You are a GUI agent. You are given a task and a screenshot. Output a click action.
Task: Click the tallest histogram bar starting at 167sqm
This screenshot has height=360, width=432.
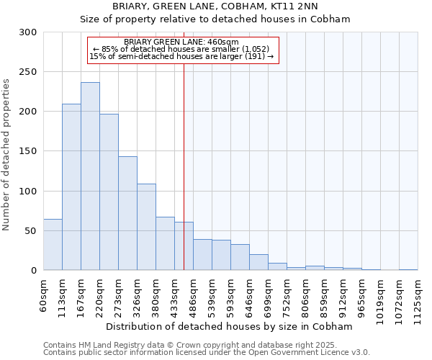(x=90, y=176)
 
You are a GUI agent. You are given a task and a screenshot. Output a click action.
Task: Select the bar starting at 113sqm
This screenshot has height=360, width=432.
(x=71, y=187)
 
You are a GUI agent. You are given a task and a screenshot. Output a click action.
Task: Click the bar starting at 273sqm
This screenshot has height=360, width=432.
(x=127, y=213)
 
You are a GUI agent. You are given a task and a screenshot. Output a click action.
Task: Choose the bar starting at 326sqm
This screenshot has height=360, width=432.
(x=146, y=227)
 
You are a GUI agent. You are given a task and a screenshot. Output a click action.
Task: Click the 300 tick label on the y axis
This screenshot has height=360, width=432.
(x=28, y=32)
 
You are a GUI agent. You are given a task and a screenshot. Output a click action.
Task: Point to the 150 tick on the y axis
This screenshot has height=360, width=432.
(x=28, y=151)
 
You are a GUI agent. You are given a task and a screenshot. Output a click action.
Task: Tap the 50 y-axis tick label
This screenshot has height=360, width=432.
(x=31, y=230)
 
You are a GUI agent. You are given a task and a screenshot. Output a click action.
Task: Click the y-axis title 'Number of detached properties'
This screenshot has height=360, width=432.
(x=6, y=155)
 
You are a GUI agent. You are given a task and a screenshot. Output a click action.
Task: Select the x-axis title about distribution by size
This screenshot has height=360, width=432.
(x=230, y=326)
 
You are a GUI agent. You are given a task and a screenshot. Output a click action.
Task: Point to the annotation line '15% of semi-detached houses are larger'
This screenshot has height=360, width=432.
(x=181, y=56)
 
